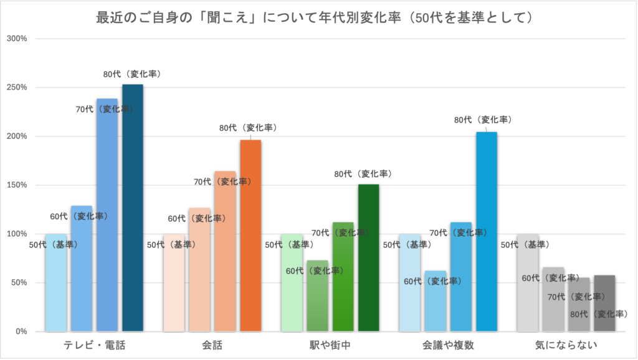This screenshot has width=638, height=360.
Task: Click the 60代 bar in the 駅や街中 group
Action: (317, 296)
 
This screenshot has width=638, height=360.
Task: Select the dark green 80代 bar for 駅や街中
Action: (368, 258)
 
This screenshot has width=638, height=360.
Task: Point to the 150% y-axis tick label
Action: (16, 185)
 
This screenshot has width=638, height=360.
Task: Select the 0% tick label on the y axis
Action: (20, 331)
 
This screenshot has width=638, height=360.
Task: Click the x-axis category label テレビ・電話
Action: (95, 345)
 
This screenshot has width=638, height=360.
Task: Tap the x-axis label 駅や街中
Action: (330, 345)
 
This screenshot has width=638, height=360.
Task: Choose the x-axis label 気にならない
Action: (566, 345)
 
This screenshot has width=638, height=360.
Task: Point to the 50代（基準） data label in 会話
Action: (171, 245)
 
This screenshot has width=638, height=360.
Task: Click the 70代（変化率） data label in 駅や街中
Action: (341, 232)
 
